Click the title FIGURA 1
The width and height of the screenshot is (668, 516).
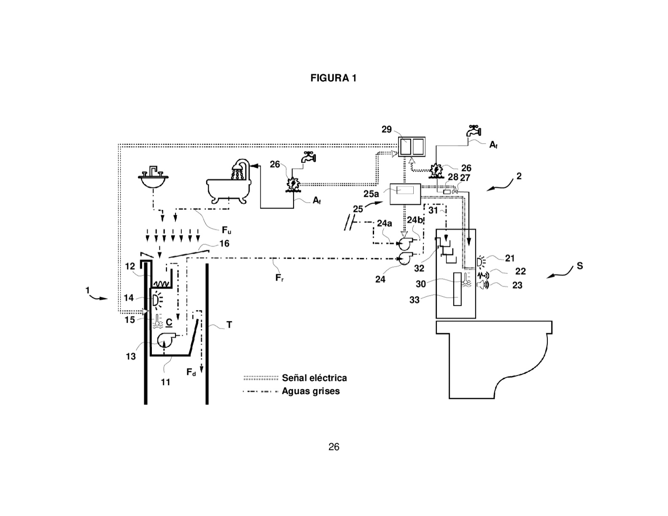(x=333, y=78)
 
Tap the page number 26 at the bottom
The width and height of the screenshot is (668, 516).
(x=334, y=447)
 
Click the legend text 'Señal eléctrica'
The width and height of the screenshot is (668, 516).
(x=314, y=378)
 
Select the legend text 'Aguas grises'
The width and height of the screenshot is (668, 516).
(x=311, y=391)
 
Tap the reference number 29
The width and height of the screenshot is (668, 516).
(x=387, y=130)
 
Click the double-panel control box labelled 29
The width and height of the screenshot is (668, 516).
(x=411, y=146)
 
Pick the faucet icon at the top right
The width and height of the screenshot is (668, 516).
(x=474, y=130)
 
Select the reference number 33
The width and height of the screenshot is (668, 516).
(x=414, y=300)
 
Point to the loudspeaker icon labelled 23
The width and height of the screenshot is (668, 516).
(x=482, y=285)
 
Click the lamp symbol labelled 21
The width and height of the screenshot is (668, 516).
(x=481, y=262)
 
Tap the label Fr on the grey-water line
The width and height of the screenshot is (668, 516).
(x=279, y=278)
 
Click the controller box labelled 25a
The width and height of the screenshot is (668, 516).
(x=405, y=194)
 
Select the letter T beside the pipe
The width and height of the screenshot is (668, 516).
(x=229, y=325)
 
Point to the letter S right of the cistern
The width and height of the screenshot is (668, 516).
(x=580, y=266)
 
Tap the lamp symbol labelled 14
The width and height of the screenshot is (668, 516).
(x=157, y=299)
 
